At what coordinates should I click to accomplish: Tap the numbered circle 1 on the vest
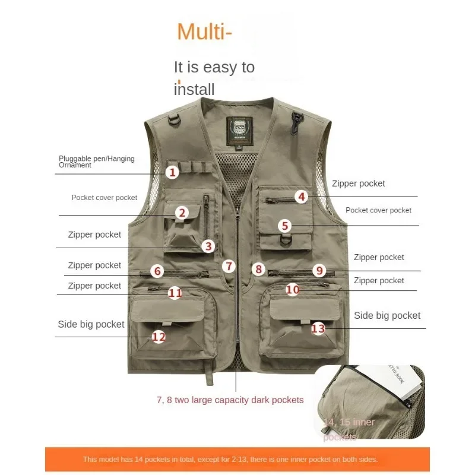[x=172, y=173]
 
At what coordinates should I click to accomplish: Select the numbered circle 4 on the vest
[x=302, y=197]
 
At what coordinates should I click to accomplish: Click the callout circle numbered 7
[x=230, y=267]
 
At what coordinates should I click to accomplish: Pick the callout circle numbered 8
[x=258, y=269]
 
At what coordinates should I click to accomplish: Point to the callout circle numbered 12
[x=159, y=337]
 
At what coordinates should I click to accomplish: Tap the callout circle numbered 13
[x=318, y=328]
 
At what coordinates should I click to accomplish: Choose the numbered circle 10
[x=292, y=290]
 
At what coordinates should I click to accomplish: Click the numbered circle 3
[x=207, y=246]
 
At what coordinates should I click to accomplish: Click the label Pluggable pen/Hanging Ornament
[x=96, y=161]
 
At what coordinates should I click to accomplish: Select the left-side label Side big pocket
[x=91, y=324]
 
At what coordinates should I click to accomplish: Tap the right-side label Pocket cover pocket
[x=378, y=210]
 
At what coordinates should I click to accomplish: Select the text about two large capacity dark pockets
[x=230, y=400]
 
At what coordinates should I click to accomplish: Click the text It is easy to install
[x=214, y=78]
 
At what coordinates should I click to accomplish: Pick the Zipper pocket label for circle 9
[x=379, y=257]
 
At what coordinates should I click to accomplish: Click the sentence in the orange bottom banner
[x=230, y=459]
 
